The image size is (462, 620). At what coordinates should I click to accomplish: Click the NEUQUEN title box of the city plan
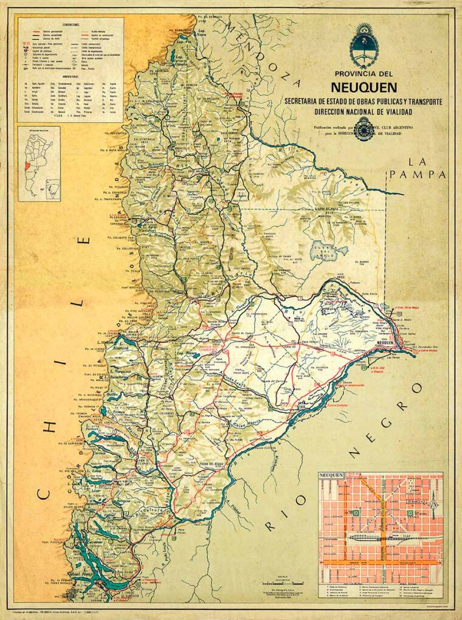point(336,478)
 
